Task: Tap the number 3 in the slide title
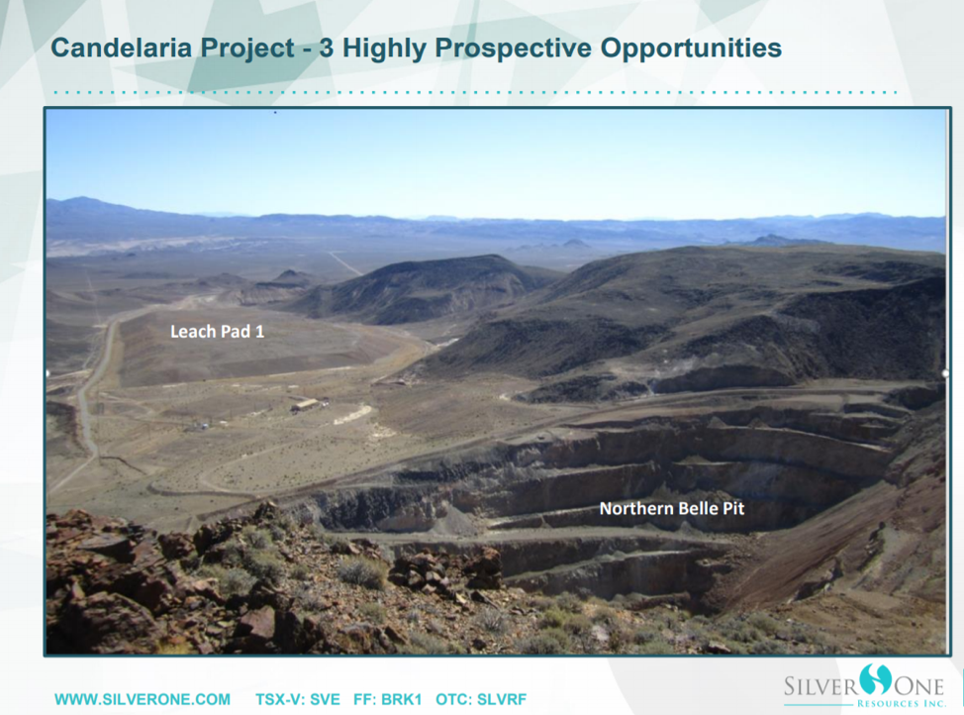[327, 48]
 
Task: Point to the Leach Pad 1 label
[217, 332]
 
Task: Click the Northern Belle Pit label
[672, 509]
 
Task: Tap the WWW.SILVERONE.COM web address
[143, 699]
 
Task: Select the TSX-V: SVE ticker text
[298, 699]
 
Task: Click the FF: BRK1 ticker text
[387, 699]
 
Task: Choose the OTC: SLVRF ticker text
[481, 699]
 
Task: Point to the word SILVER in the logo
[821, 685]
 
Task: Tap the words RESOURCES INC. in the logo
[902, 703]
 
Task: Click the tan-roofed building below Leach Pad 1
[306, 405]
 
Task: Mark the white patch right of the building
[353, 414]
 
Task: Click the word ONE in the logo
[918, 685]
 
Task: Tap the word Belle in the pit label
[691, 509]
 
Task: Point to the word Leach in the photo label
[191, 332]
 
